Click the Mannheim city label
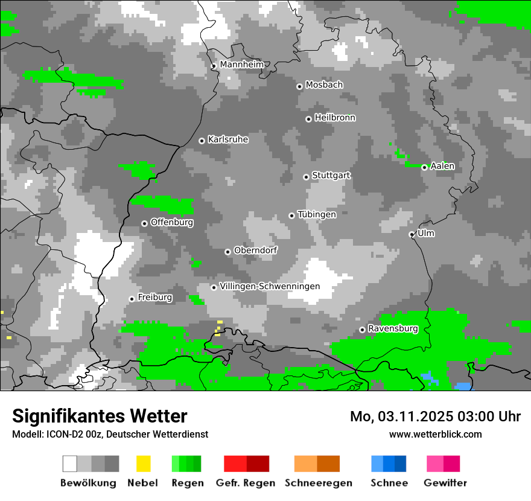[241, 65]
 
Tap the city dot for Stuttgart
[306, 177]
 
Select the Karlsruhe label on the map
[227, 139]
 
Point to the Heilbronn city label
[335, 118]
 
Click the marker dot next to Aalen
[424, 167]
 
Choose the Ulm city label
[425, 233]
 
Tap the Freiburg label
[154, 298]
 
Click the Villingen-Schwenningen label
[270, 286]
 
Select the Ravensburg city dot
[362, 330]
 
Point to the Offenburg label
[171, 222]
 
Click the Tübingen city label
[317, 214]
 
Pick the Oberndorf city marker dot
[227, 252]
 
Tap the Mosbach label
[324, 85]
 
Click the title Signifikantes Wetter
[100, 416]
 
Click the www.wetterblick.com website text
[435, 434]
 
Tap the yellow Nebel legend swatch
[144, 464]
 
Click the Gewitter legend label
[445, 483]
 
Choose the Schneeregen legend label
[318, 483]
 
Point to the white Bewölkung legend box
[70, 464]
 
